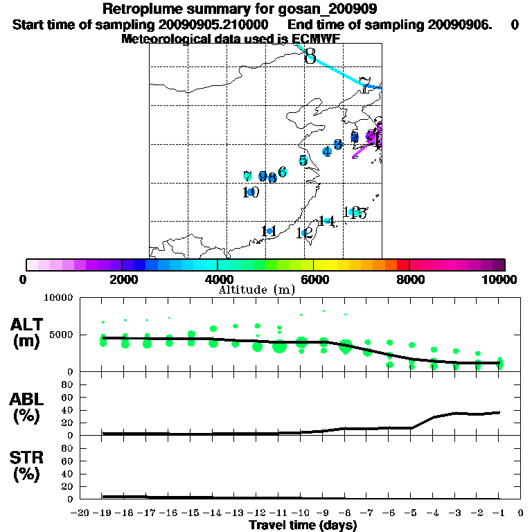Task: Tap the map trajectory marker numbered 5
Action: click(x=303, y=161)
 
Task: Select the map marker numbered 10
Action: click(x=251, y=192)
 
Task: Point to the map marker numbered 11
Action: click(x=269, y=231)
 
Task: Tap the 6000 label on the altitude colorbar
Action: click(x=314, y=279)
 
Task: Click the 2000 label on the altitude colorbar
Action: click(x=121, y=279)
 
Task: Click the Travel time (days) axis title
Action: click(x=303, y=526)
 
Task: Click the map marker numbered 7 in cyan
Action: click(x=247, y=177)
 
